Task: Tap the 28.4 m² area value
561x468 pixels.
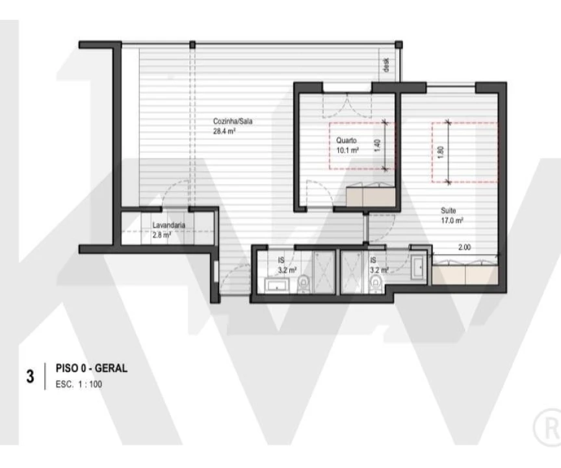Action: [224, 131]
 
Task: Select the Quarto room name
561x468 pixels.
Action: [346, 140]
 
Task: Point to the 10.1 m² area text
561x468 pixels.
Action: [348, 149]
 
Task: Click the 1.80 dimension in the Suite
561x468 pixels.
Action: [441, 151]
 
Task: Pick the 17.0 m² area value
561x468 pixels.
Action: [452, 220]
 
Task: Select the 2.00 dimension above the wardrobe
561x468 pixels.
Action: [463, 248]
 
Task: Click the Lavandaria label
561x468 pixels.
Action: [169, 226]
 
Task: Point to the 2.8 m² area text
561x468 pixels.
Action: [162, 235]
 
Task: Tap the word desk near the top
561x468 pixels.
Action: [386, 64]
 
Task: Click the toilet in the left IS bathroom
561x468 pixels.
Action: [303, 283]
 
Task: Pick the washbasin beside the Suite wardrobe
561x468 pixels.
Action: [418, 266]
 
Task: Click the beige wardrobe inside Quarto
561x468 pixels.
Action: [369, 196]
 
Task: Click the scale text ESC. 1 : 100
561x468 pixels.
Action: [83, 383]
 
